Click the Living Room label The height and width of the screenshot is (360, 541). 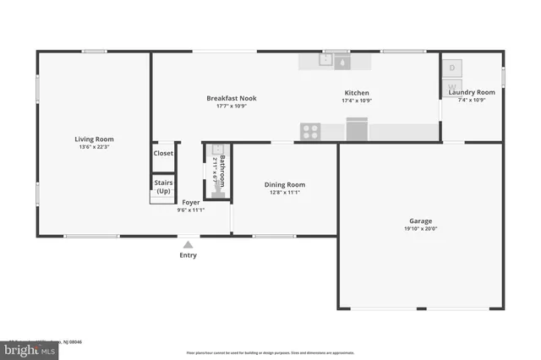tap(94, 139)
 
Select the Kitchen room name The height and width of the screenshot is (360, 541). tap(356, 93)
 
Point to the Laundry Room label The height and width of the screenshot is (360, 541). tap(472, 92)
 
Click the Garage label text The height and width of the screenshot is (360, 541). tap(420, 221)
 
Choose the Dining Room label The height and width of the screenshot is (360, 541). tap(284, 184)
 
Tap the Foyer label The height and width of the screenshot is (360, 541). tap(191, 202)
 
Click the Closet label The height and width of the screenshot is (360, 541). tap(163, 154)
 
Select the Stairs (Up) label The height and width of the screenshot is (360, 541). tap(163, 186)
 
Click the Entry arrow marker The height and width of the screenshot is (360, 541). tap(188, 244)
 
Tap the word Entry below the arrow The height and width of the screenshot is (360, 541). tap(188, 255)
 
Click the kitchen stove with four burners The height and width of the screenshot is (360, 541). tap(310, 131)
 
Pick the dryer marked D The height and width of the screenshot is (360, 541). tap(452, 68)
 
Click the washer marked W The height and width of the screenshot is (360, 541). tap(452, 87)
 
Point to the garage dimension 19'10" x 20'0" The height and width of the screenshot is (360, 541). tap(420, 228)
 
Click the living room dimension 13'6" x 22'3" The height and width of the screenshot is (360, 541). tap(94, 147)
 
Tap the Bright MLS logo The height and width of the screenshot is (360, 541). tap(25, 348)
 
